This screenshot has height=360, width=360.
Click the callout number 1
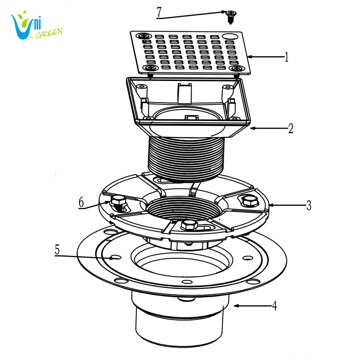pos(286,57)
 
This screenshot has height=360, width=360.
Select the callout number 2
pos(291,129)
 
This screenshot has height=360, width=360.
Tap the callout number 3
pos(309,205)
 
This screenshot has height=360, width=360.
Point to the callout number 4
pos(274,306)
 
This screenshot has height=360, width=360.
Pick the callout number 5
pos(57,250)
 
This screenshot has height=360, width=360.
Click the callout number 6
pos(81,202)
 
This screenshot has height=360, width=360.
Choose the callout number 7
pos(159,12)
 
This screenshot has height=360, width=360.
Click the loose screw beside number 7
pos(229,17)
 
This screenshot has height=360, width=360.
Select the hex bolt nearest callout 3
pos(250,201)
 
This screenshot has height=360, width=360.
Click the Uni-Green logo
pos(36,25)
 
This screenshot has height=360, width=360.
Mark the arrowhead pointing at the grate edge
pos(249,57)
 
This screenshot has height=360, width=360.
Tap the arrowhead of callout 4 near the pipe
pos(236,306)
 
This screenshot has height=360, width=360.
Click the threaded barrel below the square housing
pos(186,158)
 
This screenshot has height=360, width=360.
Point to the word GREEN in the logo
pos(49,34)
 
